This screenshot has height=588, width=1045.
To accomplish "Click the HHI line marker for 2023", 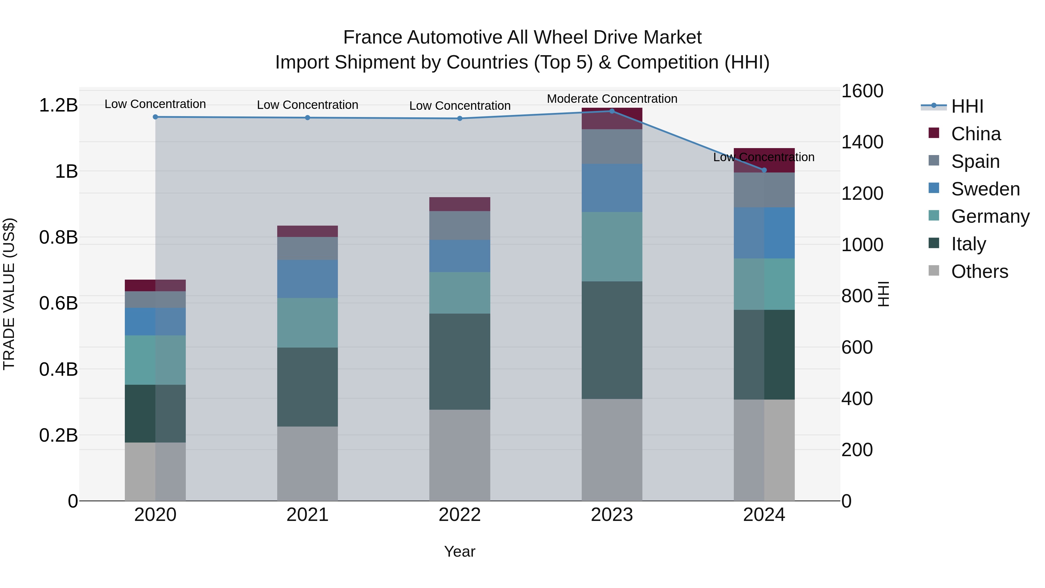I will coord(612,111).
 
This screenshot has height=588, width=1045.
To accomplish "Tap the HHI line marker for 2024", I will coord(764,170).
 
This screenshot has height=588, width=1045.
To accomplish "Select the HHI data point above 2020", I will coord(155,117).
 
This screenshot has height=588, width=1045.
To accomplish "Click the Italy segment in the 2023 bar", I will coord(612,340).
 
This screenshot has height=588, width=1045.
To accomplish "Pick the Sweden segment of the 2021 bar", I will coord(307,279).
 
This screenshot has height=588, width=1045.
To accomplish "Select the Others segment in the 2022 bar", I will coord(460,455).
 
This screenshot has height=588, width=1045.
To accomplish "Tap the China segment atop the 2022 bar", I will coord(460,204).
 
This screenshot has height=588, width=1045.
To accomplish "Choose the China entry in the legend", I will coord(975,134).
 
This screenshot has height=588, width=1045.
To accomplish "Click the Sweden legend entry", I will coord(985,189).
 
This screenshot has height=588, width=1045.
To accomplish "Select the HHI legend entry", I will coord(967,106).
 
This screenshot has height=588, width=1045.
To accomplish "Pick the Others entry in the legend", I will coord(979,271).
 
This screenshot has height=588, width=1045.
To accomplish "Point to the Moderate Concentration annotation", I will coord(612,99).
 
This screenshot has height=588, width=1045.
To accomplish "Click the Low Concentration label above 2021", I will coord(307,105).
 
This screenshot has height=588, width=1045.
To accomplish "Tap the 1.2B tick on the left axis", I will coord(58,105).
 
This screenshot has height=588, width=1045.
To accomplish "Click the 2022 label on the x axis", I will coord(460,515).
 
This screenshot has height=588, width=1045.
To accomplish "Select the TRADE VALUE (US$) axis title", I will coord(9,294).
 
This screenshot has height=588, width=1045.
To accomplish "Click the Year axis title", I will coord(460,551).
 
